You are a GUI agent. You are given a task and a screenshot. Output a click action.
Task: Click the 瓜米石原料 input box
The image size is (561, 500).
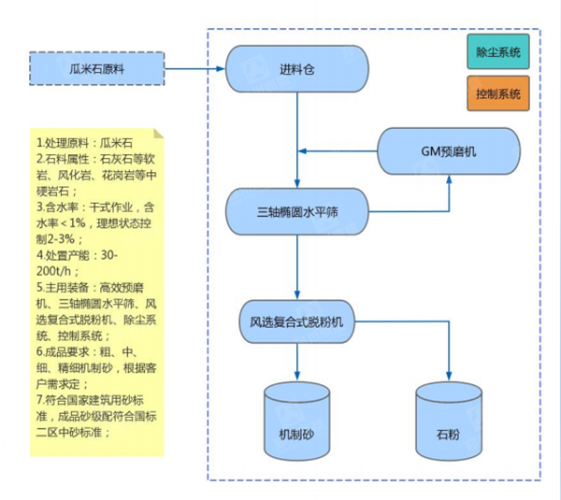pos(96,67)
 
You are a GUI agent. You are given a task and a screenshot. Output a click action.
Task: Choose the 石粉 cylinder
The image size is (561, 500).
pos(448,421)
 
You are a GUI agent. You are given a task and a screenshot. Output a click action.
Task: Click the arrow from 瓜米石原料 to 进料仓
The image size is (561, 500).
pos(195,67)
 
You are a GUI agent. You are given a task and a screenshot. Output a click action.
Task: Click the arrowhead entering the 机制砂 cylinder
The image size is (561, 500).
pos(295,375)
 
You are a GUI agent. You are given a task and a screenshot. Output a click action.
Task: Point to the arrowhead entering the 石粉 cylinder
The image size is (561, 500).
pos(448,375)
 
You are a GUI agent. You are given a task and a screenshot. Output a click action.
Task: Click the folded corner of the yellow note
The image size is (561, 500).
pos(158,132)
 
